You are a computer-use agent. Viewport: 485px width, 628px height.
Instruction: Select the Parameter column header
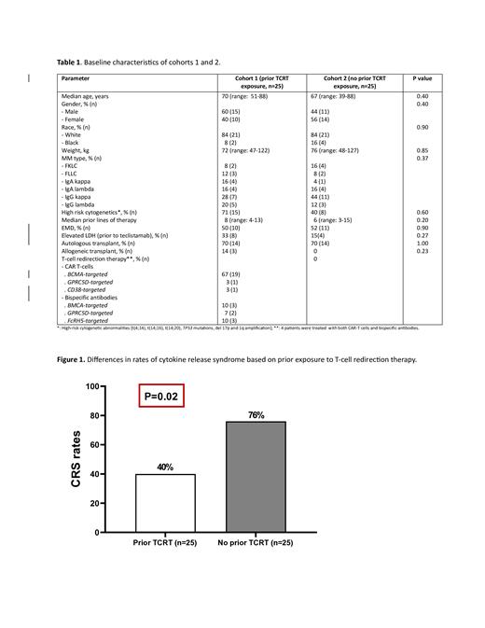[x=77, y=79]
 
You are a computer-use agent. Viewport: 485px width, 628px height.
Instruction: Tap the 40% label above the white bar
[x=165, y=467]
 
